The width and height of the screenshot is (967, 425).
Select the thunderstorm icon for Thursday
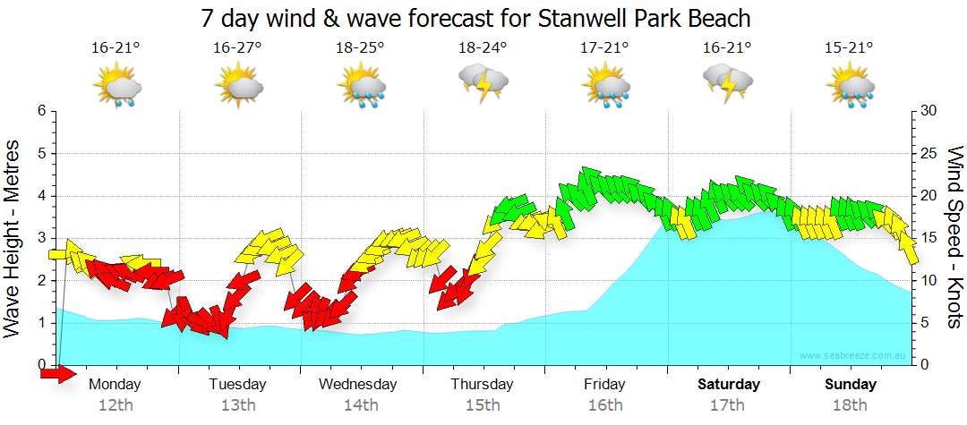point(483,82)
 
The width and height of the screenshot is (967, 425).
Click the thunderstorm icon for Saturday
point(728,82)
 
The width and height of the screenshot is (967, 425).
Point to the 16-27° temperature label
point(237,48)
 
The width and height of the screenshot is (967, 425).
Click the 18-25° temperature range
point(361,48)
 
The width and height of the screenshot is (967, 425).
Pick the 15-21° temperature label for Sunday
point(849,48)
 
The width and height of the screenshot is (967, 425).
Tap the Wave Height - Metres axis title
point(13,237)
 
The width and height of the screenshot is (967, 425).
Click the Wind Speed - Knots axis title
point(954,237)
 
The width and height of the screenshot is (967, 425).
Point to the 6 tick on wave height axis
point(41,111)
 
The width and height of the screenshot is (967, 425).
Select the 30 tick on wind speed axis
point(929,111)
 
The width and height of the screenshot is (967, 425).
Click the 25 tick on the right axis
point(929,153)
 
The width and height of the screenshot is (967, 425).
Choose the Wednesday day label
point(358,385)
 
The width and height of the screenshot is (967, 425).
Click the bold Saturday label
point(729,385)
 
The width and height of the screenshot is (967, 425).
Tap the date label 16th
point(605,405)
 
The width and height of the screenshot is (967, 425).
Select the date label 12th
point(116,405)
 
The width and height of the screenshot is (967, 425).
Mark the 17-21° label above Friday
point(605,48)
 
